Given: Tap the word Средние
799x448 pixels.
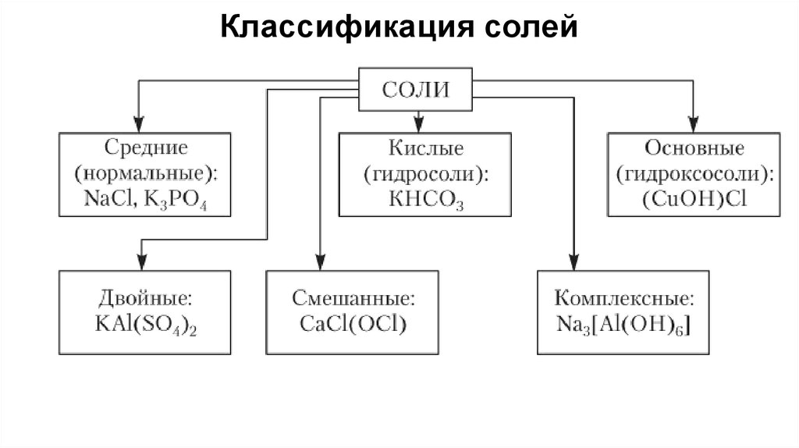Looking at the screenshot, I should pos(145,148).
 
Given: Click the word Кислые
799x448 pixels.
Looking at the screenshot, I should pos(425,148).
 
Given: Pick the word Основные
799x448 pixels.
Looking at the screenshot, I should pos(694,148).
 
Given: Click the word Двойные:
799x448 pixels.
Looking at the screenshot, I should pos(145,298).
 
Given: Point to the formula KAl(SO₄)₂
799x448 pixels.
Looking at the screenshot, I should pos(145,323).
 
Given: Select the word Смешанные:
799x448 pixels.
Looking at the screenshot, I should pos(353,298).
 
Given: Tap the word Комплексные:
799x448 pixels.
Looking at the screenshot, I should pos(622,298).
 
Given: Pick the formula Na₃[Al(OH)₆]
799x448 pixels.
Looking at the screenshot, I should pos(622,323).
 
